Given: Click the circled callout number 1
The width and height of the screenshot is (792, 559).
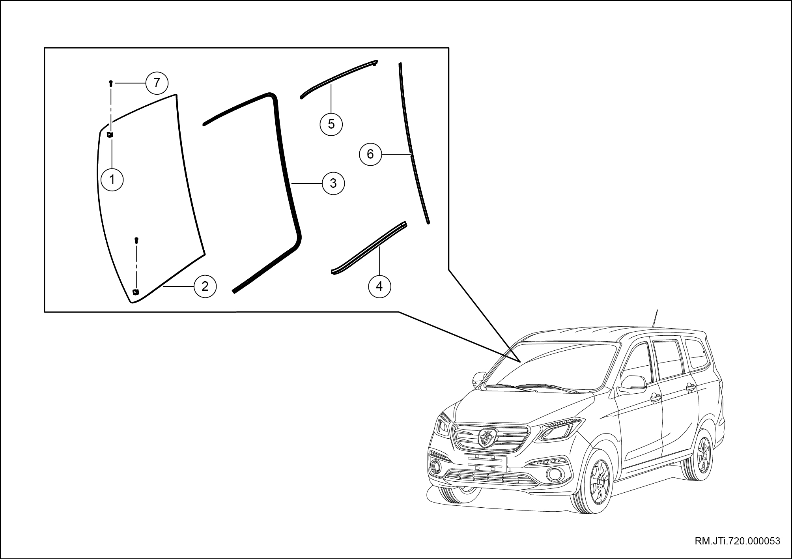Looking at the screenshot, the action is point(112,180).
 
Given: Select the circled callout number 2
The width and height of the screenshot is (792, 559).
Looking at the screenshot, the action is point(205,286).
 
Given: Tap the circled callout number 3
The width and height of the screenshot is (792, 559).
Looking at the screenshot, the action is point(333,183).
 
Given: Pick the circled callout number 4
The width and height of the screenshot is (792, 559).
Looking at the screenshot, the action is point(379,286).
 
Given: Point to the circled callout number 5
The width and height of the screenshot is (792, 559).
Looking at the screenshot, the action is point(331,124).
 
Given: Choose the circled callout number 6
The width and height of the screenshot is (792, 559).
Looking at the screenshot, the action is point(370,154).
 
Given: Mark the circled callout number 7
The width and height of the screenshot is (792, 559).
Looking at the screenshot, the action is point(157,83).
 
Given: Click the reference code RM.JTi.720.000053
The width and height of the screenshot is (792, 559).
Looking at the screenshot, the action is point(737,541).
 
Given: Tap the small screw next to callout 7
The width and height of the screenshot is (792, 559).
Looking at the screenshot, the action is point(111,83).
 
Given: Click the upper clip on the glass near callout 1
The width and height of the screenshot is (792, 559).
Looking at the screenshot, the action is point(110,135).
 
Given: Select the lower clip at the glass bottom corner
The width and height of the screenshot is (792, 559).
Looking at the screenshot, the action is point(135,292).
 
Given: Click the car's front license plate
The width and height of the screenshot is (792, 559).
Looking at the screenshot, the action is point(485,462).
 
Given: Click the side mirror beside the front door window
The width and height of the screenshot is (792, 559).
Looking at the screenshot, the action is point(633,384).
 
